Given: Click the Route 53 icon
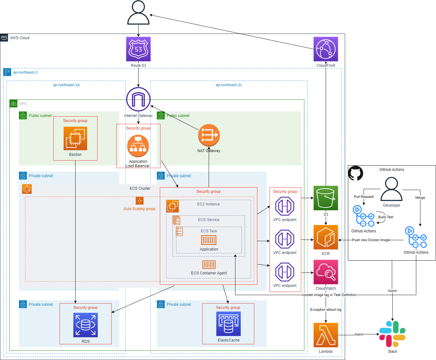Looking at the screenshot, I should point(138,49).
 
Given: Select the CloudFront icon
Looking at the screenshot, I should point(326,49).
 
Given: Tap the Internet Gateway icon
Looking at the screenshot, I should point(138,99).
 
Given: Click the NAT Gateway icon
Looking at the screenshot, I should point(209,135).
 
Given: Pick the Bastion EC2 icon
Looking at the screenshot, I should point(75,138).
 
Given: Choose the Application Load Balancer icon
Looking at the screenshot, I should point(138,146).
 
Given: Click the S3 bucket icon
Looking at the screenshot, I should point(326,198).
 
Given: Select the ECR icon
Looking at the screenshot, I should point(326,237).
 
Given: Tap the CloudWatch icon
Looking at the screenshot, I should point(326,272).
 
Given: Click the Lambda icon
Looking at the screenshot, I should point(326,335).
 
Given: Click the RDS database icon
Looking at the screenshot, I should point(86,325).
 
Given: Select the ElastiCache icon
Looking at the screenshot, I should point(229,324).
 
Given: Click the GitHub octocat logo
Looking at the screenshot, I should point(356,173).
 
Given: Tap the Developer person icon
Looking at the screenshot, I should point(391,189).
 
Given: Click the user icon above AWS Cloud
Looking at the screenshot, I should point(138,13).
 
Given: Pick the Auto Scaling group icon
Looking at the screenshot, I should point(139,201).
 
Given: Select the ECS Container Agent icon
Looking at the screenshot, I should point(209,265).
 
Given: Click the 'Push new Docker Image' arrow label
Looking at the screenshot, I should point(371,240).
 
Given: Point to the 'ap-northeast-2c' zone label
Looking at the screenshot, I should point(229,85).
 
